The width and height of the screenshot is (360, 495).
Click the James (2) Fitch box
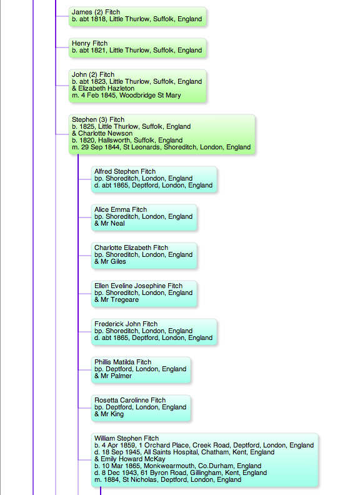click(x=137, y=16)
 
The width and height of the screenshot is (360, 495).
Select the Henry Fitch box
click(x=137, y=47)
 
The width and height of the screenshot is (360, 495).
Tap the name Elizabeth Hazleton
click(x=106, y=88)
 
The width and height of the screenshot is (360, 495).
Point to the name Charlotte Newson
click(x=105, y=133)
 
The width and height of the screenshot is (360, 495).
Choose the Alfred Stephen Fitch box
click(x=154, y=179)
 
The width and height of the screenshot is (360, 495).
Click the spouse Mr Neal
click(x=112, y=224)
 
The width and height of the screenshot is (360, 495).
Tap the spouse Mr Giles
click(x=113, y=262)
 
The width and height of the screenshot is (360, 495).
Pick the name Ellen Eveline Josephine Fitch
click(x=138, y=286)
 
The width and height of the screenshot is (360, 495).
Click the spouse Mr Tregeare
click(x=119, y=300)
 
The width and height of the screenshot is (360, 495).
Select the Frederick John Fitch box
click(x=154, y=332)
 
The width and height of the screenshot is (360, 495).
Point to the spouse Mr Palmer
click(x=116, y=376)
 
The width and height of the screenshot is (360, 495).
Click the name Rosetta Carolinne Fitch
click(x=130, y=400)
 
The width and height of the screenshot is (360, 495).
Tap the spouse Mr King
click(x=112, y=414)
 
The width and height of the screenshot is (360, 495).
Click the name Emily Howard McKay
click(x=133, y=459)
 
